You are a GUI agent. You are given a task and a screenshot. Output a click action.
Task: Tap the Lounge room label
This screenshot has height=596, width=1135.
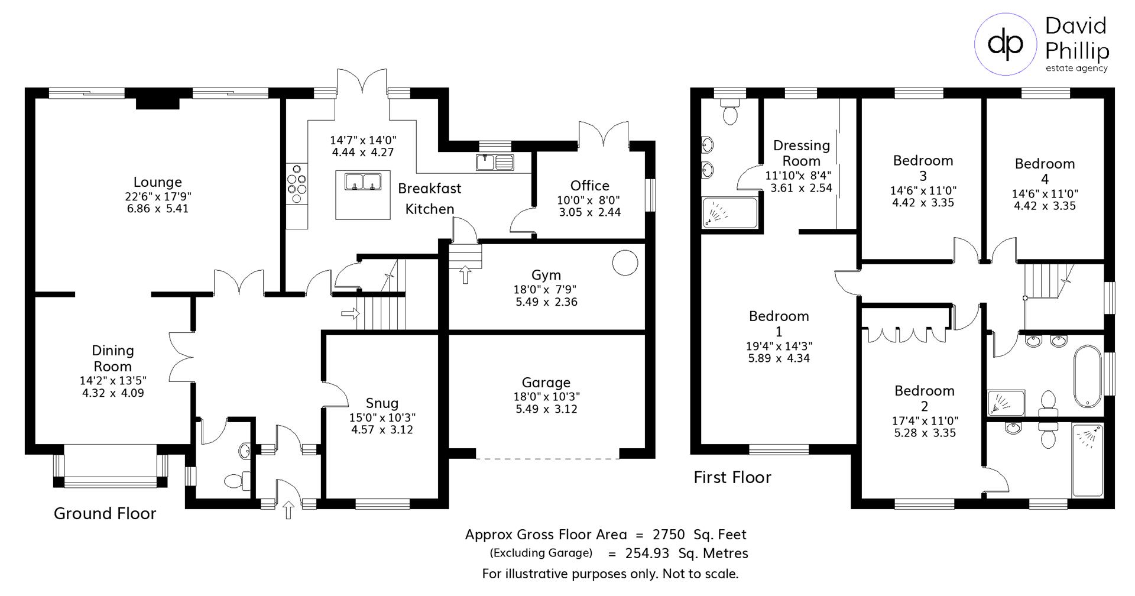157,182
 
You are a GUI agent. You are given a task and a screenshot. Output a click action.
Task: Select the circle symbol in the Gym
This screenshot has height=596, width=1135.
625,263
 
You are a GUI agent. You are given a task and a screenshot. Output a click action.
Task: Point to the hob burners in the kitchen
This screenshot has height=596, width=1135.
297,183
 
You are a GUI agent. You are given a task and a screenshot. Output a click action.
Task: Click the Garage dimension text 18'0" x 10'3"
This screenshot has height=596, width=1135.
546,397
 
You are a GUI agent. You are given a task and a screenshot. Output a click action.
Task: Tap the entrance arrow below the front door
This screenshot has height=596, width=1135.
288,510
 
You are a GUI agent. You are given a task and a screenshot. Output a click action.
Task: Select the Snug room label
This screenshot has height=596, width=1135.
382,403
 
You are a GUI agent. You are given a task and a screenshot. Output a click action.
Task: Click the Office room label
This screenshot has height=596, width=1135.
589,186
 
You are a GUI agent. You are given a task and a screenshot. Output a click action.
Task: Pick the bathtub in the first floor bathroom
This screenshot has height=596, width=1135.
1088,376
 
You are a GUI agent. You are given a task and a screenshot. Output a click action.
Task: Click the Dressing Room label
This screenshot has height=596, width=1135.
802,153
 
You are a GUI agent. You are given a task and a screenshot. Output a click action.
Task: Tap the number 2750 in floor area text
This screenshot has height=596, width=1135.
669,535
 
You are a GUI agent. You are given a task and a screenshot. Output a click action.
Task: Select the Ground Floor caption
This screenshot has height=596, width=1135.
105,513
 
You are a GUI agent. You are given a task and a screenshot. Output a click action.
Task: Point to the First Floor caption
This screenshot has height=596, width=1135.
732,477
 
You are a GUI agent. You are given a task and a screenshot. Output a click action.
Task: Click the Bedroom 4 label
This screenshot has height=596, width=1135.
1045,171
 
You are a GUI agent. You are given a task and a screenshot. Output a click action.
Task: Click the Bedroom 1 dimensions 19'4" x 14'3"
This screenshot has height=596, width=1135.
779,346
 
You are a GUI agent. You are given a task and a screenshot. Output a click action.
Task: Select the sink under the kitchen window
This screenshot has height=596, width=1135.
495,161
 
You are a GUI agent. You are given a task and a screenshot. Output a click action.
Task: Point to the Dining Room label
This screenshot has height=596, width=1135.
112,358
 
